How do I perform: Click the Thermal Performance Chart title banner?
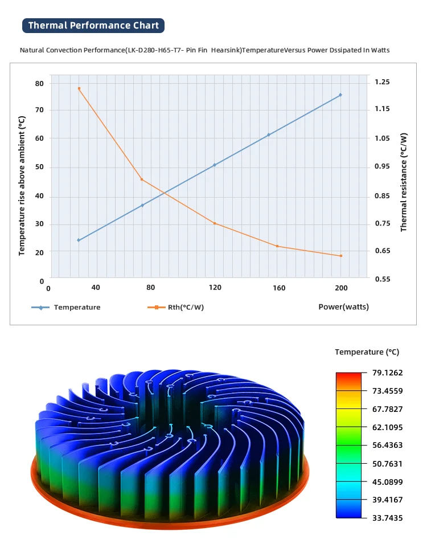point(94,25)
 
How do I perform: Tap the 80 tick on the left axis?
point(39,83)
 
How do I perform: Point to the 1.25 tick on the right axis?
point(383,82)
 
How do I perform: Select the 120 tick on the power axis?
point(215,288)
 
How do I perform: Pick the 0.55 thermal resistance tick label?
point(383,279)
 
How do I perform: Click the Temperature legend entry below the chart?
point(77,307)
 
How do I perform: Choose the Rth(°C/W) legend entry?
point(185,307)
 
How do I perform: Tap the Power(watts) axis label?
point(343,306)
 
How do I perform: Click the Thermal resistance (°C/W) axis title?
point(404,182)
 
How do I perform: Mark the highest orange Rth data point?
point(79,88)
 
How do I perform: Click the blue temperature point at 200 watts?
point(340,95)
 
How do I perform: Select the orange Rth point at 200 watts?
point(341,256)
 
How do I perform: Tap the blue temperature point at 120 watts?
point(215,165)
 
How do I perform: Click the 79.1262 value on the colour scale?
point(387,373)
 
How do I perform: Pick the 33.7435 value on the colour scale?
point(387,517)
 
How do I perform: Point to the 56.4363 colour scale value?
point(387,445)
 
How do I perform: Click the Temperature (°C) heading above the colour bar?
point(367,352)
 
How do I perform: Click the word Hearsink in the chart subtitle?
point(225,50)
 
